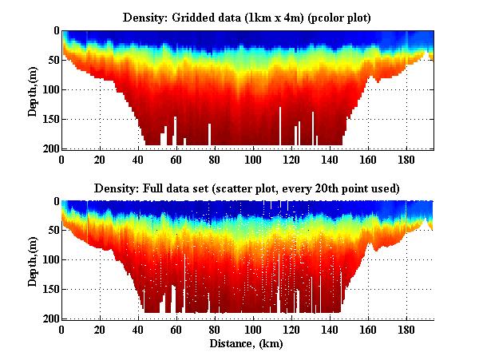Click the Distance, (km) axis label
point(247,344)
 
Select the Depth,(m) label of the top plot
point(33,89)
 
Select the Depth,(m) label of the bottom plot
point(33,260)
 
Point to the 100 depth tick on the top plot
point(49,89)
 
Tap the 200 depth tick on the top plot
point(49,148)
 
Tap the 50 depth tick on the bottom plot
point(52,231)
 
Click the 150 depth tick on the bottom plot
point(49,290)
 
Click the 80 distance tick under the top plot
point(216,159)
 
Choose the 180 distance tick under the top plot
point(406,159)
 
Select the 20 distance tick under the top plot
point(101,159)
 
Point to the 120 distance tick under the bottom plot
point(292,330)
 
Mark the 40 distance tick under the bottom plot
point(139,330)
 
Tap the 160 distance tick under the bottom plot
point(368,330)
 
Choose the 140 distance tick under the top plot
point(330,159)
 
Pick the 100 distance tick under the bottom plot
point(254,330)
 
